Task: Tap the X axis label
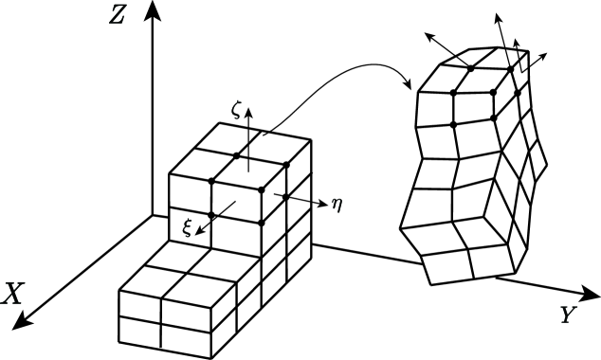pos(12,295)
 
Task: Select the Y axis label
pos(567,315)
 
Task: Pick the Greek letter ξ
pos(187,227)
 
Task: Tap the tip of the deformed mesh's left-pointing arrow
pos(425,34)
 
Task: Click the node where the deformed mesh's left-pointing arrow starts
pos(470,66)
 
